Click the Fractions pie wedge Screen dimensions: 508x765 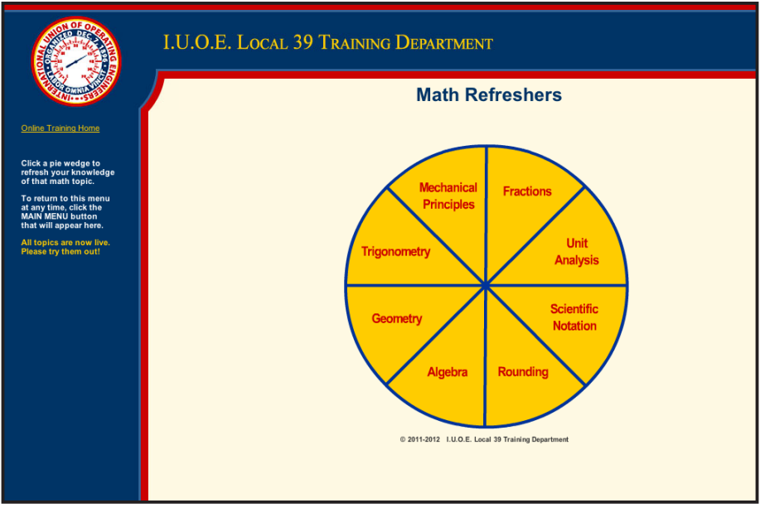click(527, 192)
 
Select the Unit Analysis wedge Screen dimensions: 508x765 click(577, 252)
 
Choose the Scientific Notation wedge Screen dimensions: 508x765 click(574, 317)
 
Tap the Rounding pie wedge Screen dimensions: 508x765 click(522, 372)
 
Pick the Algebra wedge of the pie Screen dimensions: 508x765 click(447, 372)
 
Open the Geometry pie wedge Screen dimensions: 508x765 click(396, 319)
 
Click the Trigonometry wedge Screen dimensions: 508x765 click(395, 252)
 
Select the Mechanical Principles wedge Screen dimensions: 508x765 click(448, 196)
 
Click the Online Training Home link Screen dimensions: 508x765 click(61, 128)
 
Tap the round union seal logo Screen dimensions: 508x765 click(76, 61)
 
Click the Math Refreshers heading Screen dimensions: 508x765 click(489, 95)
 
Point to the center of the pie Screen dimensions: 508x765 click(486, 286)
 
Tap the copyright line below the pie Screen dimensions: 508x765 click(484, 440)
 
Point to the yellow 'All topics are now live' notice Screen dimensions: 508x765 click(65, 247)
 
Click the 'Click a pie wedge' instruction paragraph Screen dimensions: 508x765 click(68, 172)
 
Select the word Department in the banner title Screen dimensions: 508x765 click(444, 43)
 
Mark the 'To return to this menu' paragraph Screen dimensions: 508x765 click(65, 212)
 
